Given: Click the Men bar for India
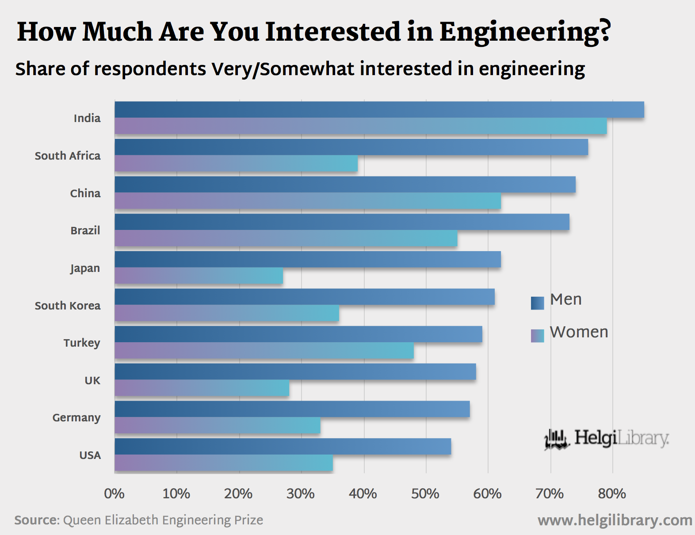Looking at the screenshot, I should pyautogui.click(x=379, y=110).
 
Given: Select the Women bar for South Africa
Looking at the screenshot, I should pyautogui.click(x=236, y=164).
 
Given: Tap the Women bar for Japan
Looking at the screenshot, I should pyautogui.click(x=199, y=276).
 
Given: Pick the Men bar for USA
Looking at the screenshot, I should pyautogui.click(x=283, y=447).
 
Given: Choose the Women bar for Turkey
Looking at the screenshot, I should pyautogui.click(x=264, y=351).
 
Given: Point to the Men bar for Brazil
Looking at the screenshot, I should pyautogui.click(x=342, y=222).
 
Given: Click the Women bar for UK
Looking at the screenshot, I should pyautogui.click(x=202, y=388).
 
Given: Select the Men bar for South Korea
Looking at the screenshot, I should pyautogui.click(x=305, y=297).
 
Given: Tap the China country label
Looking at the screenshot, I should pyautogui.click(x=85, y=193).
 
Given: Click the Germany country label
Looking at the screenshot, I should pyautogui.click(x=76, y=418).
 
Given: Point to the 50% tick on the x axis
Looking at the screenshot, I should pyautogui.click(x=425, y=493).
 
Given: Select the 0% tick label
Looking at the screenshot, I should pyautogui.click(x=114, y=493).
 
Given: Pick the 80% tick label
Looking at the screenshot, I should pyautogui.click(x=612, y=493).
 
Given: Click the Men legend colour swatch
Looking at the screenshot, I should pyautogui.click(x=537, y=303).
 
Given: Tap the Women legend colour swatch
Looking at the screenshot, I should pyautogui.click(x=537, y=336).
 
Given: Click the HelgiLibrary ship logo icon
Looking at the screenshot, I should pyautogui.click(x=556, y=439).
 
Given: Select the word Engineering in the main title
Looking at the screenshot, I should pyautogui.click(x=525, y=32).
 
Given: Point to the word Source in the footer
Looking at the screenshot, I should pyautogui.click(x=36, y=520).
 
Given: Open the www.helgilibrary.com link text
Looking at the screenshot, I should pyautogui.click(x=615, y=520).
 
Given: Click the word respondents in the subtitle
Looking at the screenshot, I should pyautogui.click(x=150, y=69).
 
